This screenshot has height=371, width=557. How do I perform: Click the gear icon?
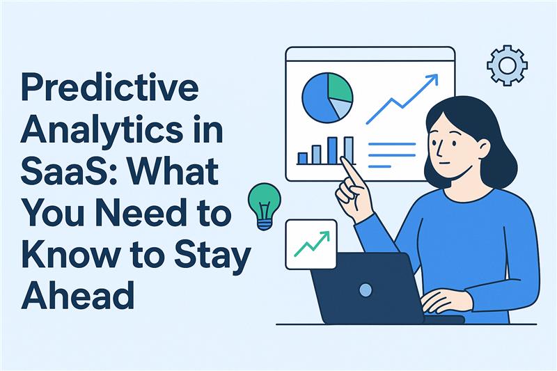506,65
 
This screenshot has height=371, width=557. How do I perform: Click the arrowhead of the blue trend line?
433,80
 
